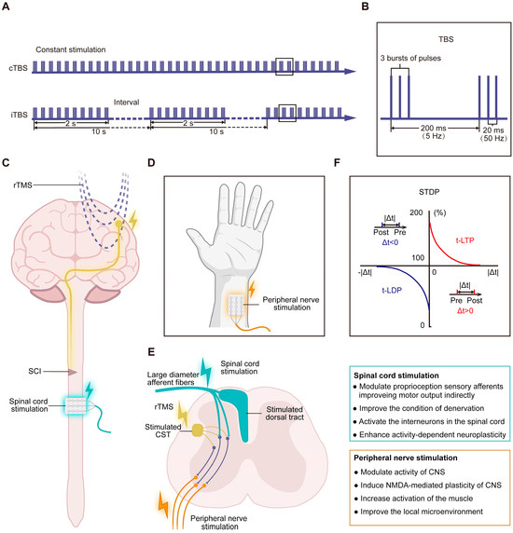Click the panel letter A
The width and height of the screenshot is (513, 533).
[x=7, y=7]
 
